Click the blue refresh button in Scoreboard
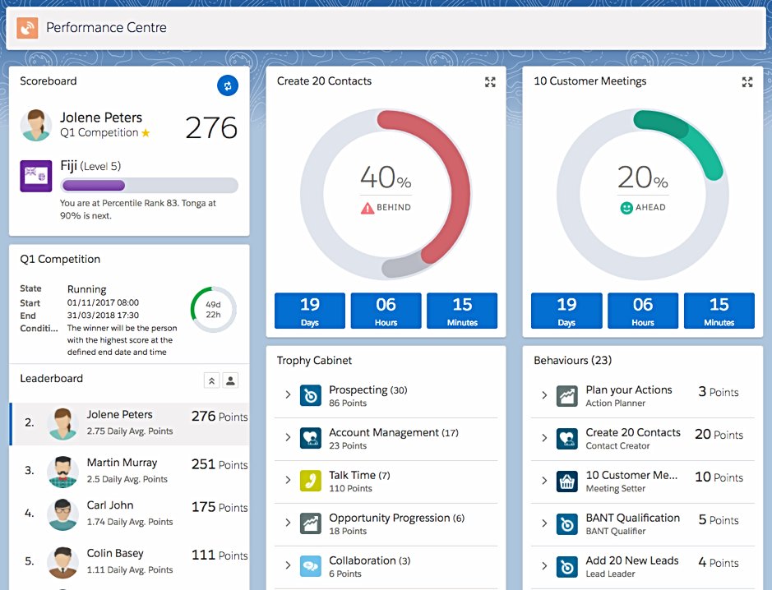[x=227, y=85]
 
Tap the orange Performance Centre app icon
[x=27, y=28]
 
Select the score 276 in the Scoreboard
[x=211, y=127]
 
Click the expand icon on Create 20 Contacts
[x=490, y=82]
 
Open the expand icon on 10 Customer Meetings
[x=747, y=82]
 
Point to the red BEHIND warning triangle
[x=367, y=208]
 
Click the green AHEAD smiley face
[x=626, y=208]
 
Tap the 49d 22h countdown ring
[x=213, y=309]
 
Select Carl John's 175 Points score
[x=219, y=507]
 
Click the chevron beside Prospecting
[x=288, y=395]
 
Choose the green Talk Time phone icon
[x=310, y=481]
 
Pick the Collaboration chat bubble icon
[x=310, y=566]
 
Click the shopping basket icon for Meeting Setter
[x=566, y=481]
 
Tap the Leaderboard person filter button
[x=231, y=380]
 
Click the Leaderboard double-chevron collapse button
[x=211, y=380]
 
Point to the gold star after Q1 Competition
[x=146, y=133]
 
